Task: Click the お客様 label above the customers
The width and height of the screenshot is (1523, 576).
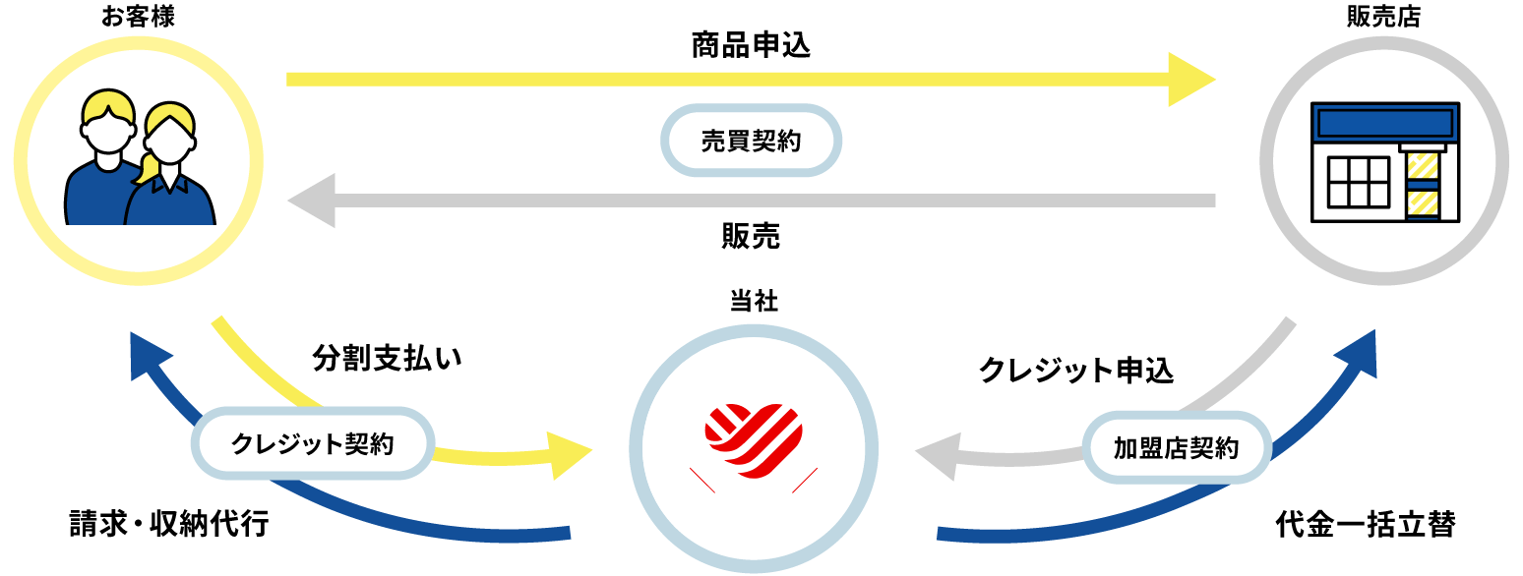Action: [138, 17]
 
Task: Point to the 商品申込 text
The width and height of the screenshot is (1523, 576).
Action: [751, 45]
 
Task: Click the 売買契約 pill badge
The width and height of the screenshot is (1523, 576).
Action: [751, 141]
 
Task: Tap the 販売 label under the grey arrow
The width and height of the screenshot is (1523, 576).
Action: [751, 236]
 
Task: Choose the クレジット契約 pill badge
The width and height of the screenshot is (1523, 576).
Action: [313, 444]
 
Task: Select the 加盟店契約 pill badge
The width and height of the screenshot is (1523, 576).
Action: [1176, 448]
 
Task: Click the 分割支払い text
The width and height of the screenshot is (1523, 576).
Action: [387, 358]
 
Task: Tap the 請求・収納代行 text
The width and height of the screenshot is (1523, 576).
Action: [168, 523]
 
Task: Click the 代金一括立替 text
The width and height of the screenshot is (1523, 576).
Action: [1365, 524]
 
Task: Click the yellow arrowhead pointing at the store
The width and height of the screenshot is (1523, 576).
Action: [1191, 79]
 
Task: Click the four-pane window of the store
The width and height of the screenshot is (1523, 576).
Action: [1358, 182]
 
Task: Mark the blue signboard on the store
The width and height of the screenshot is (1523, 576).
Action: [1385, 123]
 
